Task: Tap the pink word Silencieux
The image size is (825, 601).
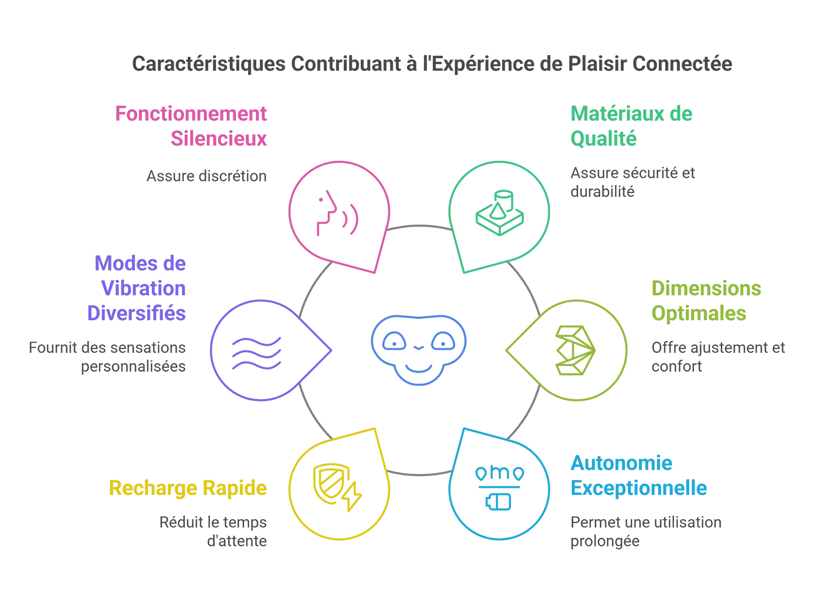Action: pos(219,139)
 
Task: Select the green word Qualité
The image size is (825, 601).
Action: pos(603,139)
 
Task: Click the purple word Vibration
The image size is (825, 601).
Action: pos(143,289)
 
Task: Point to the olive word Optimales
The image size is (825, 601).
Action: pos(699,313)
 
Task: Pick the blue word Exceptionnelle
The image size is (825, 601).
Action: pos(638,488)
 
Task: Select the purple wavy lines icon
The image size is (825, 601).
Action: pos(256,353)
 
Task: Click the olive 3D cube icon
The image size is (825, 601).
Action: pos(575,350)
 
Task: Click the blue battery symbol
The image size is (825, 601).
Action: pos(499,502)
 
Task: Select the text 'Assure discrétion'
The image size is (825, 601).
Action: pos(206,176)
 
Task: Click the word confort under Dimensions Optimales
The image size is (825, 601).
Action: pos(677,366)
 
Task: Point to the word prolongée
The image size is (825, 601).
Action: pos(605,541)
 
